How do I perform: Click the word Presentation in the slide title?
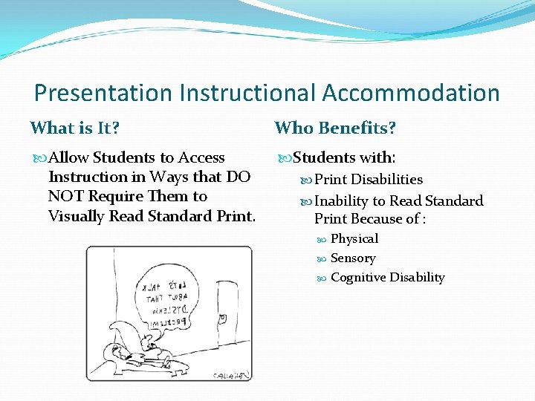tap(103, 93)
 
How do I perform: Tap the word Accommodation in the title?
tap(410, 93)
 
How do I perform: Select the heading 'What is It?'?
tap(74, 128)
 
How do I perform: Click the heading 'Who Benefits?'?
tap(335, 128)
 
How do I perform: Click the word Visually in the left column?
tap(76, 216)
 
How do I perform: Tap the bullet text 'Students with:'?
tap(344, 157)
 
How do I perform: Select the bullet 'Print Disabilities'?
tap(368, 180)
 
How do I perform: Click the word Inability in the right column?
tap(341, 201)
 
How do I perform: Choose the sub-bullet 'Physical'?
tap(354, 239)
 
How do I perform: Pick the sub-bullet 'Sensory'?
tap(353, 258)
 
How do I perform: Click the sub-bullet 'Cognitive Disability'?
tap(387, 278)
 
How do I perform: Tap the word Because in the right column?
tap(375, 220)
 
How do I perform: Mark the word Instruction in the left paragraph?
tap(88, 177)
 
